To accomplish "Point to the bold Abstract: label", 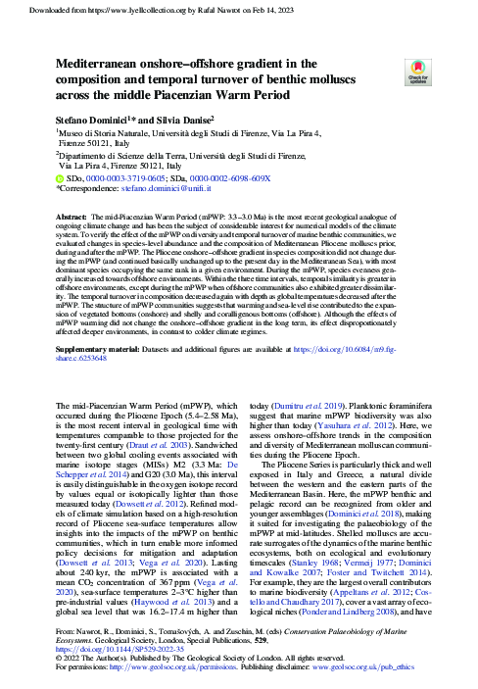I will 72,216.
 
